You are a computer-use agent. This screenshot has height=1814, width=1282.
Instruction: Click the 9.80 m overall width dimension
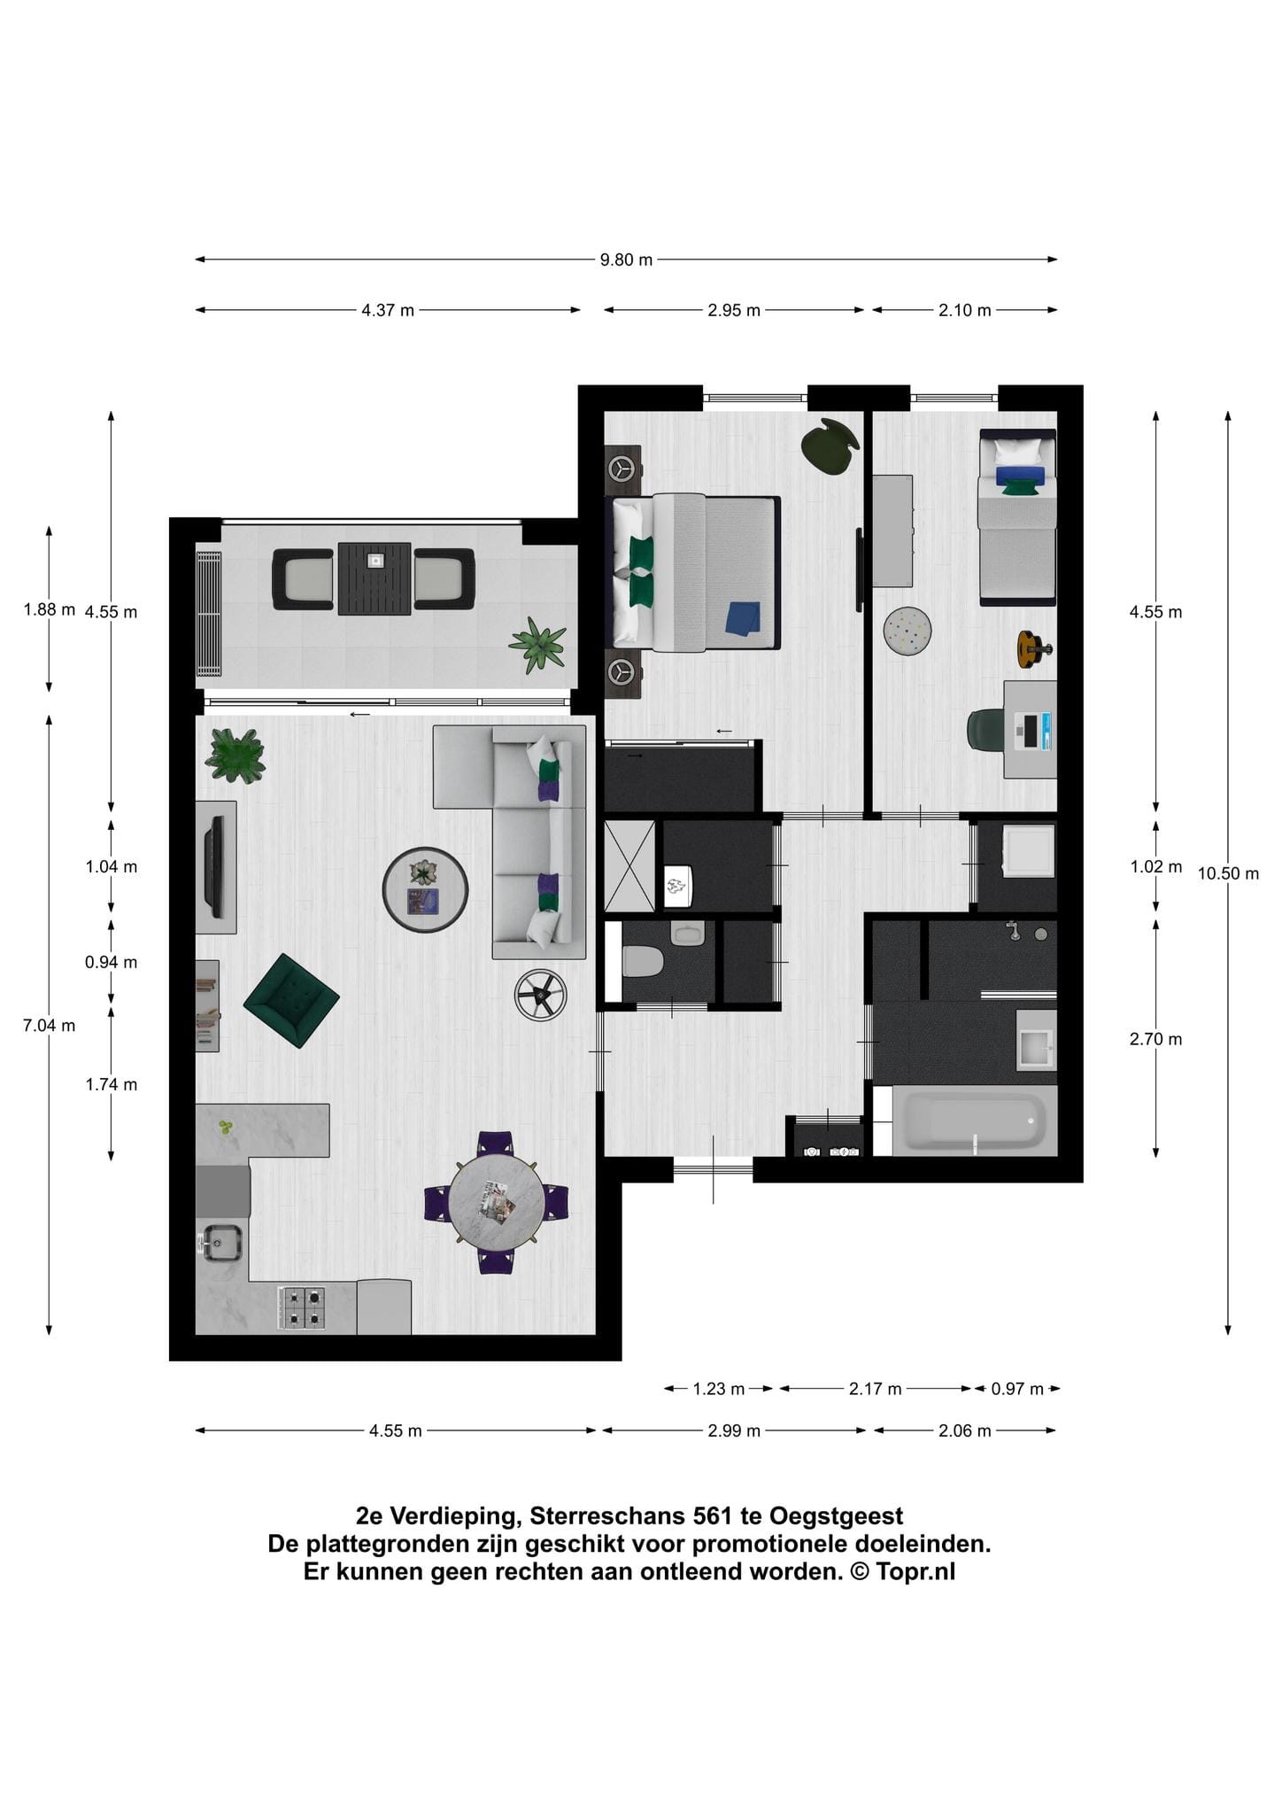(626, 260)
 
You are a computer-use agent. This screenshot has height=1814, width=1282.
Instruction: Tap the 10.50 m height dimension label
(1228, 873)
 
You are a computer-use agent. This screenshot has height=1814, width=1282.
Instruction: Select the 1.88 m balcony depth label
(50, 609)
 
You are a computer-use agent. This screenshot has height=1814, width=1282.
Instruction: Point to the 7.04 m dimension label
(50, 1026)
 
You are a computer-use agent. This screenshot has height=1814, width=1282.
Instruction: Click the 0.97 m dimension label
(1017, 1389)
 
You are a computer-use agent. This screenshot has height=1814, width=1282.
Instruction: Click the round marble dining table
(496, 1202)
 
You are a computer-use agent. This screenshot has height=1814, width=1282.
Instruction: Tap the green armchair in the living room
(291, 1001)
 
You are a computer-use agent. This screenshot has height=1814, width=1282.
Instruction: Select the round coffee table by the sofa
(425, 890)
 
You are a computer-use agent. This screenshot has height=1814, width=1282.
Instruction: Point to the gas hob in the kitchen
(301, 1308)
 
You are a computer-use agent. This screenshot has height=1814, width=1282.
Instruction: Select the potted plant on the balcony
(537, 646)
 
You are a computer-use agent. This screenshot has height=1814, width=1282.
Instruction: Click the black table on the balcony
(375, 578)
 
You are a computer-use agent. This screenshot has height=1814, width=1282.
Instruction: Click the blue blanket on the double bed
(743, 618)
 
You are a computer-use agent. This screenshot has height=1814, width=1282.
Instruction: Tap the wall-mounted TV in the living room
(215, 867)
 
